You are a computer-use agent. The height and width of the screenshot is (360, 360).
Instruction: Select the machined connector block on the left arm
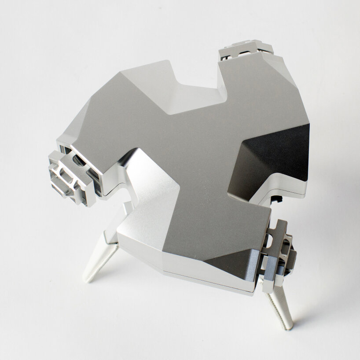(66, 178)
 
